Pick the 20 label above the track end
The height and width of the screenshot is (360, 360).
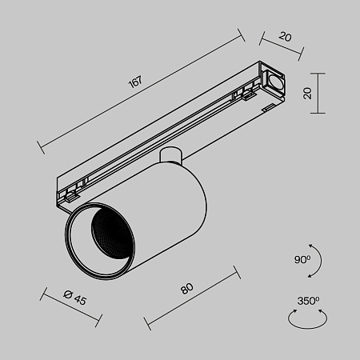tap(286, 36)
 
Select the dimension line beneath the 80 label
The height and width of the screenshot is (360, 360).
tap(192, 299)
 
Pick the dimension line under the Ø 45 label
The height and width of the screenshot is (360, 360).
tap(71, 308)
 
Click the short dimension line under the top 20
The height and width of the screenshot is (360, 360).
tap(282, 45)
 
